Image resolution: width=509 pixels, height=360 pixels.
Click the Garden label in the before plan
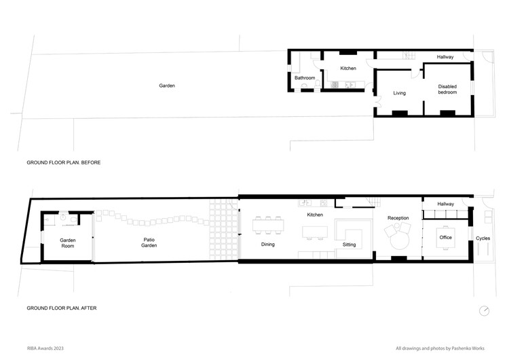click(x=167, y=86)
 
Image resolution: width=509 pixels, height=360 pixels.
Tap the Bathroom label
click(x=305, y=78)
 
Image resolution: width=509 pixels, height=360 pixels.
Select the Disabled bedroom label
click(x=447, y=90)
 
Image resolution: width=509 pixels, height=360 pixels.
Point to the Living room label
click(x=399, y=93)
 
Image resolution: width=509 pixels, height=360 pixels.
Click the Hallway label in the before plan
click(x=445, y=57)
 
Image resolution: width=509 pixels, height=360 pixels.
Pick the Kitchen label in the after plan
click(x=315, y=215)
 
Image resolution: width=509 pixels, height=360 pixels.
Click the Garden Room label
click(x=67, y=243)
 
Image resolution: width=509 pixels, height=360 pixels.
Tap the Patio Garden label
click(x=149, y=242)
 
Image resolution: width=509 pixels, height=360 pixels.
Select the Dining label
click(x=268, y=245)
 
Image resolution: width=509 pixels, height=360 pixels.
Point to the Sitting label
click(x=350, y=245)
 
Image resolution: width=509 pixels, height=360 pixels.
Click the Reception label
click(x=398, y=218)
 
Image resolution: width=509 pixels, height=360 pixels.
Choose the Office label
click(x=446, y=238)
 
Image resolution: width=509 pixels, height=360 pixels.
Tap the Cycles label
click(x=483, y=238)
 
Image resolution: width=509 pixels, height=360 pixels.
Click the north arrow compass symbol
click(x=484, y=310)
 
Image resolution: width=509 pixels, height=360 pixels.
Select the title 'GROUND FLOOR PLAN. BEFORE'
click(x=64, y=162)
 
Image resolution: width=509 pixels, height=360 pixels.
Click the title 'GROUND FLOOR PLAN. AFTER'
click(x=62, y=308)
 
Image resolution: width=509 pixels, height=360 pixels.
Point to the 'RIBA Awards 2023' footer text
click(x=45, y=348)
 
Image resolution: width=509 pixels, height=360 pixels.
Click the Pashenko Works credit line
click(x=440, y=348)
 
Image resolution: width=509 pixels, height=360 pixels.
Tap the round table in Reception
click(x=400, y=241)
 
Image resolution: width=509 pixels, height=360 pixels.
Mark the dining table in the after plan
click(x=268, y=225)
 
